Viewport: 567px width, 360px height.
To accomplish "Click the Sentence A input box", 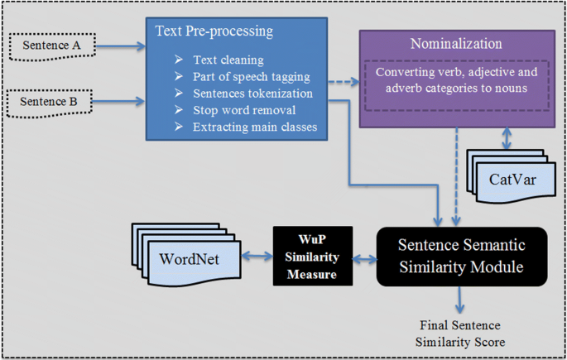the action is (x=52, y=46).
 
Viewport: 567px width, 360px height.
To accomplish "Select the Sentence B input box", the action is (x=49, y=103).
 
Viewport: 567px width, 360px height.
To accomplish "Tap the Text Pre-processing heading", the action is (x=214, y=31).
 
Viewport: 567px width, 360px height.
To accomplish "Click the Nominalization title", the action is (x=456, y=44).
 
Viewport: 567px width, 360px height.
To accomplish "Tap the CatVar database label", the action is (x=512, y=180).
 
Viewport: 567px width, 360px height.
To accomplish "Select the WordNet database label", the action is (x=189, y=259).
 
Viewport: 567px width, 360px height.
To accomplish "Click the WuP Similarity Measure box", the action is (x=313, y=256).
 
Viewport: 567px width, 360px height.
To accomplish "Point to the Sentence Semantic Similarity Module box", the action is (x=462, y=257).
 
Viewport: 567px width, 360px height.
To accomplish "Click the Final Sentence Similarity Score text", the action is (x=460, y=334).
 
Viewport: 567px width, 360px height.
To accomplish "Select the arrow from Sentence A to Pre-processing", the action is (x=120, y=46).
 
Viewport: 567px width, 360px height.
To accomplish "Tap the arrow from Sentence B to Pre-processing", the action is (x=118, y=101).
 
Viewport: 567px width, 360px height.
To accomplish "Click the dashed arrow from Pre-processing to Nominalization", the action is (x=344, y=82).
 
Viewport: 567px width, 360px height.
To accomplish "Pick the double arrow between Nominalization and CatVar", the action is (x=507, y=138).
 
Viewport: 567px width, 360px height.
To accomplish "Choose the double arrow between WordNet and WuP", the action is (x=257, y=257).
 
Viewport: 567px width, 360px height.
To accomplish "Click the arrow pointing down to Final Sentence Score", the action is (x=459, y=300).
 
